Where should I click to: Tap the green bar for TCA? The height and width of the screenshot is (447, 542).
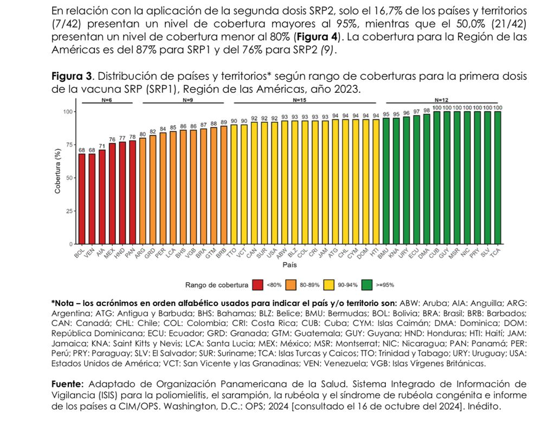498,177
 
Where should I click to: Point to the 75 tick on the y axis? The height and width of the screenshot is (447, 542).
69,145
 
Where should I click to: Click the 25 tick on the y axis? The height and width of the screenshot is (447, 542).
69,210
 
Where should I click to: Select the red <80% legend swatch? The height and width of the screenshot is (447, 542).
258,284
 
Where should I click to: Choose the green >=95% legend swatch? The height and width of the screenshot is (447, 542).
367,284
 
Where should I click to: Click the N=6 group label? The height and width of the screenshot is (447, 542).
107,100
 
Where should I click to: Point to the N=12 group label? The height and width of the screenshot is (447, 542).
442,100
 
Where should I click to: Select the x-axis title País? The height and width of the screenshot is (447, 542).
289,266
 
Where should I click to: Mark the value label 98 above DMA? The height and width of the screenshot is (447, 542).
427,110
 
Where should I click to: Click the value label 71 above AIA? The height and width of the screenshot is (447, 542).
102,146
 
